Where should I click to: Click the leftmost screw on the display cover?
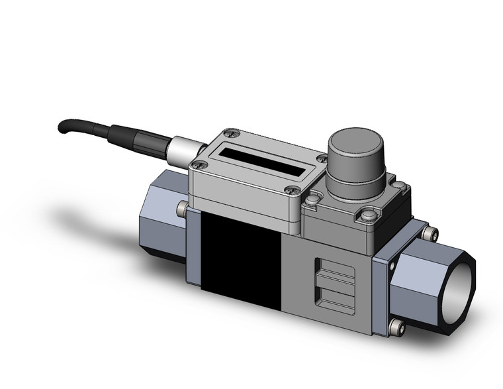click(196, 164)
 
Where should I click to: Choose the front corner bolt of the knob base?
click(367, 215)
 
